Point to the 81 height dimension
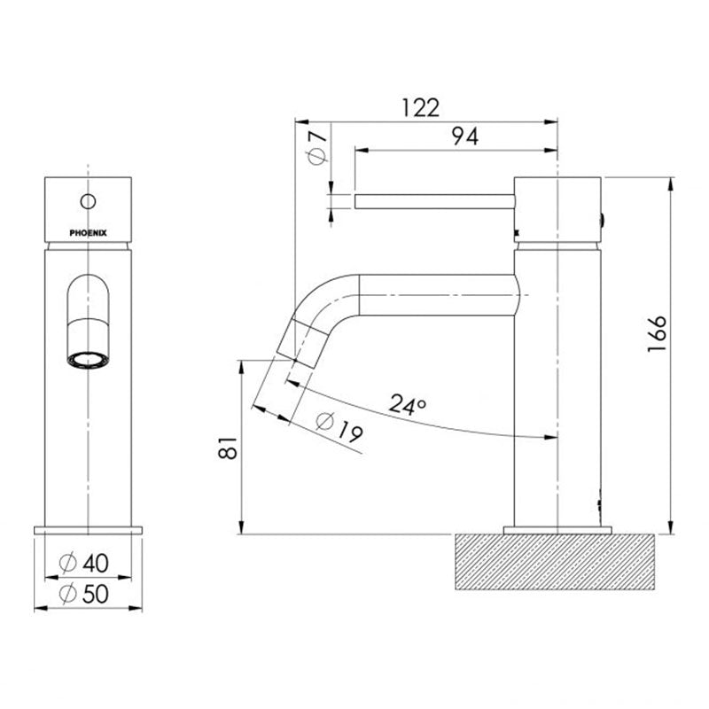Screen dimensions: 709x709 pos(229,447)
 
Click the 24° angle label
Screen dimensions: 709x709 pos(408,407)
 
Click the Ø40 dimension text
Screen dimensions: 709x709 pos(87,563)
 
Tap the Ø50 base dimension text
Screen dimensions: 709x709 pos(87,595)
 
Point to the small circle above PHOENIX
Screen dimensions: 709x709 pos(87,200)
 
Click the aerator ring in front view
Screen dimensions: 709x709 pos(87,361)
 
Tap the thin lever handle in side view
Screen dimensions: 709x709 pos(434,202)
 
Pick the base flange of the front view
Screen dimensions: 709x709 pos(87,529)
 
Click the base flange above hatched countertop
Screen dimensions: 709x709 pos(557,530)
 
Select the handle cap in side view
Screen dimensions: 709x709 pos(557,209)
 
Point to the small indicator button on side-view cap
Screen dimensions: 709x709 pos(604,220)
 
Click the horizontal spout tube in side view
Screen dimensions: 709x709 pos(434,292)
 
